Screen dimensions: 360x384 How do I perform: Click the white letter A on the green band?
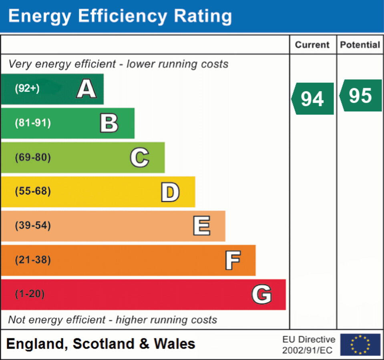coord(86,89)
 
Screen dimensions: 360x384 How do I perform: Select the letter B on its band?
coord(109,123)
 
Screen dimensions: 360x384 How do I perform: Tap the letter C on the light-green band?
coord(139,158)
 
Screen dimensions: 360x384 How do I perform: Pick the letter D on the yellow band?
coord(170,192)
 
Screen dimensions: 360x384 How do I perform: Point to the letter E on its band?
coord(201,226)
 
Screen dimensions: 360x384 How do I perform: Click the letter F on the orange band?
coord(233,260)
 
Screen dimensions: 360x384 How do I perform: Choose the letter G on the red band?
coord(261,295)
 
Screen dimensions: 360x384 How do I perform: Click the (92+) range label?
coord(27,89)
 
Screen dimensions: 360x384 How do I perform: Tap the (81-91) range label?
coord(33,123)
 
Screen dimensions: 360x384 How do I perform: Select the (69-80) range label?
coord(33,158)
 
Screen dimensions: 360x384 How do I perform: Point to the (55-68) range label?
coord(33,192)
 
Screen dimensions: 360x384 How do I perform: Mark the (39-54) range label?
coord(33,226)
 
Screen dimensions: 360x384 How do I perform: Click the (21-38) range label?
coord(33,260)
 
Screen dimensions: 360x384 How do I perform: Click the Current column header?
coord(312,45)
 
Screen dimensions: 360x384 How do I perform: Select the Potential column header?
coord(360,45)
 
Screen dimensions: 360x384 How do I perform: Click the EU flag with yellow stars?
coord(360,344)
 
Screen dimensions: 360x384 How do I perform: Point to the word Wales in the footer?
coord(175,344)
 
